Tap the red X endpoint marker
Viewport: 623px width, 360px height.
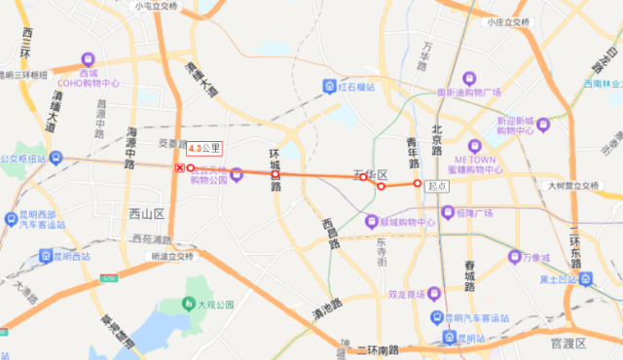click(x=179, y=168)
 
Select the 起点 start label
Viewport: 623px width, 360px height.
click(x=436, y=185)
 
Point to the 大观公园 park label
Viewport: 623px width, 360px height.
click(x=212, y=305)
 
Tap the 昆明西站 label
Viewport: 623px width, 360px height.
click(x=71, y=256)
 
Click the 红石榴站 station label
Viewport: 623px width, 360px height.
click(x=357, y=86)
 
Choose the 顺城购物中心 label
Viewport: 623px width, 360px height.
click(x=399, y=222)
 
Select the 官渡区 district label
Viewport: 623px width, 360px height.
click(x=567, y=342)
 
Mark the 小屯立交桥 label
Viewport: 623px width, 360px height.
click(x=158, y=6)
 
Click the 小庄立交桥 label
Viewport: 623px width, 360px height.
click(x=508, y=20)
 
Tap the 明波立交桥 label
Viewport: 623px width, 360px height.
click(x=173, y=256)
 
